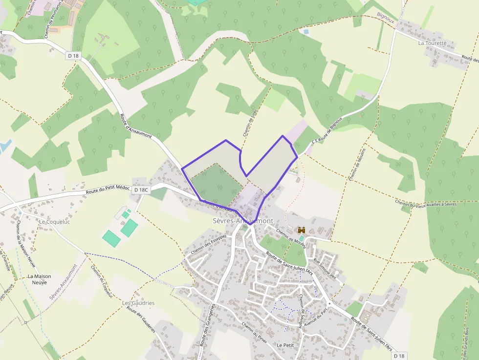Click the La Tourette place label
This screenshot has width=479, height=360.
pyautogui.click(x=433, y=43)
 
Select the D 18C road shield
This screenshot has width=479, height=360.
pyautogui.click(x=140, y=190)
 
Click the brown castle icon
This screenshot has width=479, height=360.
pyautogui.click(x=301, y=230)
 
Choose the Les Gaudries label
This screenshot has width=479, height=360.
pyautogui.click(x=138, y=303)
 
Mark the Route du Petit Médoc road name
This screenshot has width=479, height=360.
pyautogui.click(x=108, y=189)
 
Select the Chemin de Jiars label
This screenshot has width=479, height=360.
pyautogui.click(x=250, y=123)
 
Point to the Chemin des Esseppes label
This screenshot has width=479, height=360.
pyautogui.click(x=209, y=244)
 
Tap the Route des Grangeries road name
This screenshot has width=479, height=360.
pyautogui.click(x=207, y=325)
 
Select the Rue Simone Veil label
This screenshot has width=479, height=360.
pyautogui.click(x=326, y=268)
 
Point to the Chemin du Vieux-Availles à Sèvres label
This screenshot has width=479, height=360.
pyautogui.click(x=426, y=204)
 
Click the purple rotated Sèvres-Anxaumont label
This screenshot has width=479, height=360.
pyautogui.click(x=63, y=282)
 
